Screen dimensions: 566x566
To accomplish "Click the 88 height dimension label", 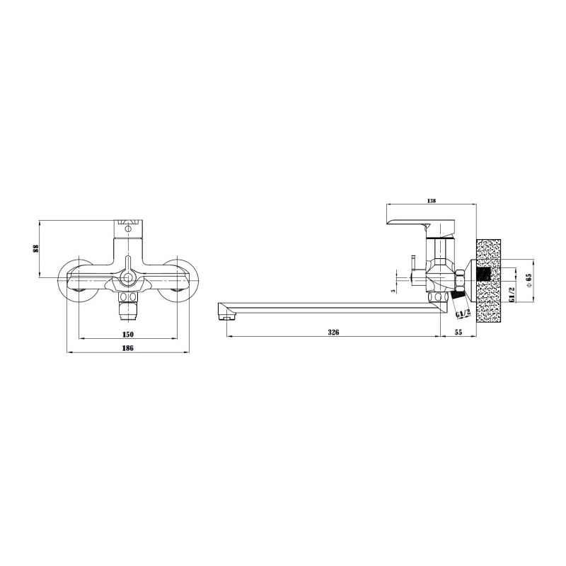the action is pyautogui.click(x=35, y=249).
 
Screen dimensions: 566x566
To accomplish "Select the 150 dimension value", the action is pyautogui.click(x=128, y=334).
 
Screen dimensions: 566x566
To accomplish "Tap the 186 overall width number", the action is pyautogui.click(x=128, y=348).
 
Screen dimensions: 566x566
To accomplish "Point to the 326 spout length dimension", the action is pyautogui.click(x=333, y=332).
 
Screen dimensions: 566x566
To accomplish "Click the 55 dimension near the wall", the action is pyautogui.click(x=458, y=332).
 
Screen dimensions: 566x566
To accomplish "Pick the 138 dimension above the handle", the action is pyautogui.click(x=432, y=201).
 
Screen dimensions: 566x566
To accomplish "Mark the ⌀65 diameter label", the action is pyautogui.click(x=529, y=279).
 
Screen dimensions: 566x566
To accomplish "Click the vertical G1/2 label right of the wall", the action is pyautogui.click(x=511, y=294).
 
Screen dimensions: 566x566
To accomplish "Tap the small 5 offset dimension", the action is pyautogui.click(x=394, y=289).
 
